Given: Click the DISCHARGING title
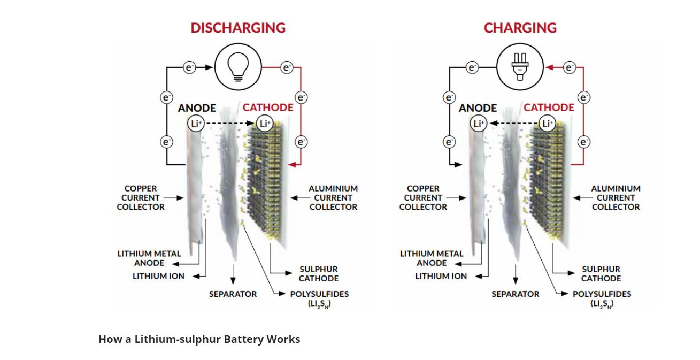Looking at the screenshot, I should click(x=238, y=28).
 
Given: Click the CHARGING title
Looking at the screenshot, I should click(x=520, y=28).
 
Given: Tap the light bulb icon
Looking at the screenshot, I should click(x=238, y=68).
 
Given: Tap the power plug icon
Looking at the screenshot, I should click(x=520, y=68).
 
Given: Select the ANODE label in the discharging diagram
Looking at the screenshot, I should click(x=197, y=108).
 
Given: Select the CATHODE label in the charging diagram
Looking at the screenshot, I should click(x=549, y=108).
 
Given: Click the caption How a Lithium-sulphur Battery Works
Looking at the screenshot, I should click(x=199, y=339).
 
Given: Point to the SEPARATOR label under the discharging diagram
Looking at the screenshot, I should click(x=233, y=294).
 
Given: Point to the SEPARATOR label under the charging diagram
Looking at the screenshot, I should click(x=516, y=294).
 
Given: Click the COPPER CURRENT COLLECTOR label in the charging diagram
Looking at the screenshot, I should click(x=423, y=198).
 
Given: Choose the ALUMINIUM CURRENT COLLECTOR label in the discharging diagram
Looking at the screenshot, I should click(x=333, y=198).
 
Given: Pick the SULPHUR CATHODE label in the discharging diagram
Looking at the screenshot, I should click(x=318, y=274).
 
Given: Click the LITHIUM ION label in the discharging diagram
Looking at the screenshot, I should click(x=158, y=277).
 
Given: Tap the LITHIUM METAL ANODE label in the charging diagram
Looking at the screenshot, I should click(x=431, y=258).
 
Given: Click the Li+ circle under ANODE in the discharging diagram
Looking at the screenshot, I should click(x=196, y=124).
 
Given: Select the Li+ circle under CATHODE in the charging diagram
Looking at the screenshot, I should click(x=547, y=124).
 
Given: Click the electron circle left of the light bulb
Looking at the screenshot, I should click(x=189, y=67).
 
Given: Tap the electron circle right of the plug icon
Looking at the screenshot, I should click(x=570, y=67).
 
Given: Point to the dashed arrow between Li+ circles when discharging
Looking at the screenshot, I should click(x=230, y=124).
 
